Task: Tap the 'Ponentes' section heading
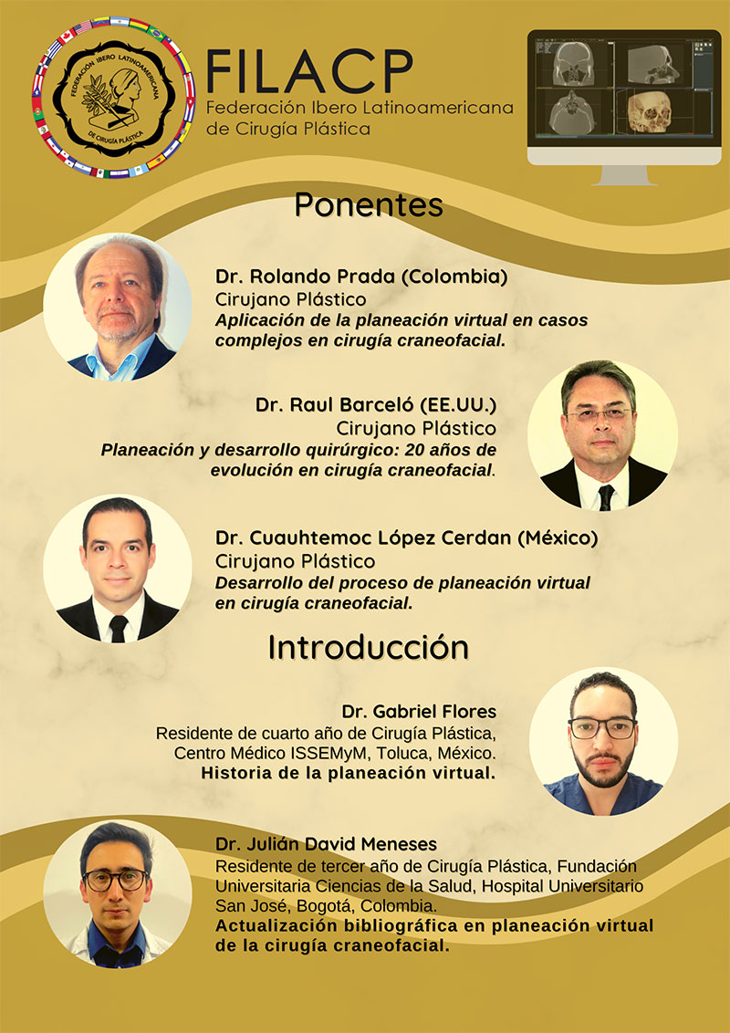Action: (x=369, y=205)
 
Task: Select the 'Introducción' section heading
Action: (x=369, y=648)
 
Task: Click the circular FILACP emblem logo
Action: (x=114, y=97)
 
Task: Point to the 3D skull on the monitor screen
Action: (x=648, y=112)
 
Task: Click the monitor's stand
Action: (x=624, y=175)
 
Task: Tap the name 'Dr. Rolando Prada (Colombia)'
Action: (x=361, y=277)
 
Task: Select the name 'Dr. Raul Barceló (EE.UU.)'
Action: (x=376, y=404)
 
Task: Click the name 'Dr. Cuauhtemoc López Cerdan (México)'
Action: (x=406, y=538)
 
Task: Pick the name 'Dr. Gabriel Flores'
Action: (x=419, y=712)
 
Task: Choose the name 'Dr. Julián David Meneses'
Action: (x=326, y=844)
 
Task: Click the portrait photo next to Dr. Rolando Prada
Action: (x=118, y=308)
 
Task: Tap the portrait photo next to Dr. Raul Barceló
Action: (x=603, y=434)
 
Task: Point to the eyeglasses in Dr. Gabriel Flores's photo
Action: (x=602, y=728)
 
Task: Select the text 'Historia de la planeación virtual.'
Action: (x=349, y=774)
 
